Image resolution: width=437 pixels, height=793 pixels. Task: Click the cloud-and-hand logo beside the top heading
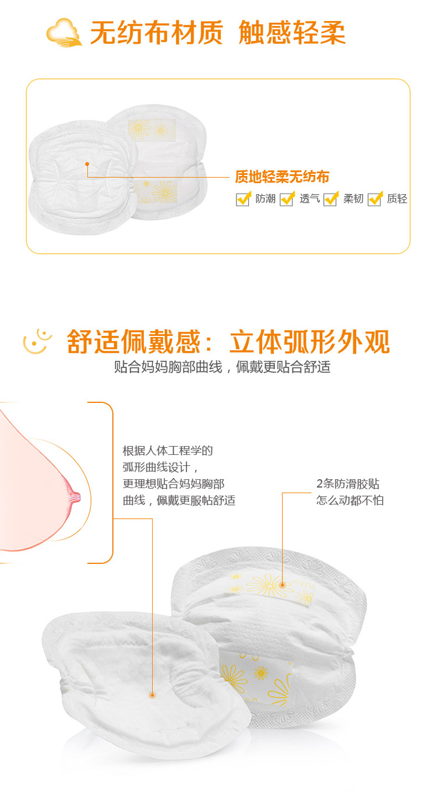tap(64, 32)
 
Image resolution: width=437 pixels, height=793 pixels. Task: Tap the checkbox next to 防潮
tap(244, 199)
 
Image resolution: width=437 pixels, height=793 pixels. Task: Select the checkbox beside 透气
tap(287, 199)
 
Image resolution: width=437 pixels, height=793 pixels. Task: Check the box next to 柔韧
tap(331, 199)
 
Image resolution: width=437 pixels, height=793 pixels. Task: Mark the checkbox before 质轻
tap(375, 199)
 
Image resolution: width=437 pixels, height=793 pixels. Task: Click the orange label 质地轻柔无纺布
tap(282, 177)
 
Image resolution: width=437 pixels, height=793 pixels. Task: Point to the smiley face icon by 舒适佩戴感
tap(37, 342)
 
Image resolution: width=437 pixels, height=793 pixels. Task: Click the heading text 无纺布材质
tap(157, 32)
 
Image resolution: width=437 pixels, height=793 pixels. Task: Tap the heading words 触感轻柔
tap(292, 32)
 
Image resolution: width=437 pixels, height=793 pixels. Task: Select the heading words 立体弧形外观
tap(310, 342)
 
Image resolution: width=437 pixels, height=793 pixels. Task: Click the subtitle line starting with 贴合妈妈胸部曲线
tap(222, 367)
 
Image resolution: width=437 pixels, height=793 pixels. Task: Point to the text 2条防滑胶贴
tap(348, 483)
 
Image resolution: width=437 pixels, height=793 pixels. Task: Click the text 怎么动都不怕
tap(350, 500)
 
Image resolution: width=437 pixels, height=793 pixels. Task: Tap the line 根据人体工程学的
tap(168, 451)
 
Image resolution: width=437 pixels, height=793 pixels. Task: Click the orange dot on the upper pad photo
tap(87, 164)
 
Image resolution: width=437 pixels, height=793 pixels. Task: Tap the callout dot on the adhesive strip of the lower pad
tap(283, 585)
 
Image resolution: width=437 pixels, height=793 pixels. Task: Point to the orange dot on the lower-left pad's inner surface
tap(153, 695)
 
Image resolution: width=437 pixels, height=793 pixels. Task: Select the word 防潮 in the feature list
tap(265, 199)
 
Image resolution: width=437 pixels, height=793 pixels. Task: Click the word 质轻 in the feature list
tap(397, 199)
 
